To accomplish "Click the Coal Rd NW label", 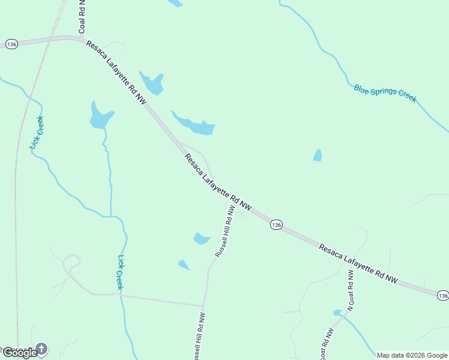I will click(82, 17).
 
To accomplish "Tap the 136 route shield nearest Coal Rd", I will click(11, 44).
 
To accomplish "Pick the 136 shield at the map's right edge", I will click(442, 296).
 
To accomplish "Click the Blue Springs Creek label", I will click(385, 93).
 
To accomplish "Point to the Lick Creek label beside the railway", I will click(38, 133).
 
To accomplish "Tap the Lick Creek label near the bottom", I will click(120, 273).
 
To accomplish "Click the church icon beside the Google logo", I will click(41, 348).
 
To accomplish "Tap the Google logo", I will click(19, 353).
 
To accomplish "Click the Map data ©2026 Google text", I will click(412, 355).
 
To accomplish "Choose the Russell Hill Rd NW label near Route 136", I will click(224, 231).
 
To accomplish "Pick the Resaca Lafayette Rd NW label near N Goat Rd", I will click(358, 263).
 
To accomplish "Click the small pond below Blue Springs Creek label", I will click(318, 155).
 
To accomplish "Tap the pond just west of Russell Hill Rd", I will click(201, 239).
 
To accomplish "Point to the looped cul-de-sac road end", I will click(71, 262).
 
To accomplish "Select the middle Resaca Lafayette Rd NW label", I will click(217, 182).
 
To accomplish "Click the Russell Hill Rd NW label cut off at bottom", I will click(199, 336).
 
